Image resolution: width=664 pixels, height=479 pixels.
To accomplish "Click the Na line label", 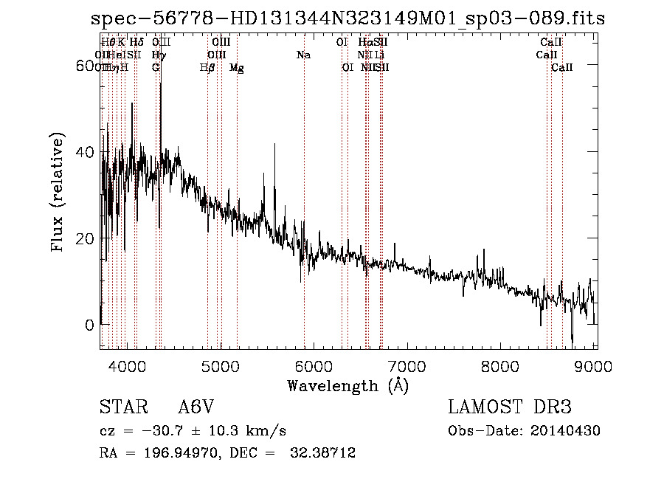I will [303, 55].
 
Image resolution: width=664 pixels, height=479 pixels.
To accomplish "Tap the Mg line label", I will [237, 68].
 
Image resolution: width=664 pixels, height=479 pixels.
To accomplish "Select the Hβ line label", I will [207, 68].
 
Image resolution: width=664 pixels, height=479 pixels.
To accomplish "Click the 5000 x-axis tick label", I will [221, 365].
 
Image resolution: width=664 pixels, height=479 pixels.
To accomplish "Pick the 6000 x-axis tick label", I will [314, 365].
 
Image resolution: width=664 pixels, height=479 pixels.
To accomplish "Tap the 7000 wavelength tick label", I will [408, 365].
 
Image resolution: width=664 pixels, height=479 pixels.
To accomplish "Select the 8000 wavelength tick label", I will [502, 365].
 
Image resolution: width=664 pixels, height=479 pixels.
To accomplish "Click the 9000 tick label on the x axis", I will [595, 365].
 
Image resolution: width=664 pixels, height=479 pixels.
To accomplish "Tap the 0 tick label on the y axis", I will [91, 325].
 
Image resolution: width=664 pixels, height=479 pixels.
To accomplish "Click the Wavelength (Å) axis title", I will [347, 385].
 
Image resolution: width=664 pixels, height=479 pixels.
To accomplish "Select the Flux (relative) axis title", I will [58, 193].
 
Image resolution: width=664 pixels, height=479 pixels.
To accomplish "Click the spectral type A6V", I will [196, 407].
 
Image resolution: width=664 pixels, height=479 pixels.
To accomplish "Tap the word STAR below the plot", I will [122, 407].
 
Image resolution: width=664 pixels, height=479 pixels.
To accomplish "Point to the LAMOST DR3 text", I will [510, 407].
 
